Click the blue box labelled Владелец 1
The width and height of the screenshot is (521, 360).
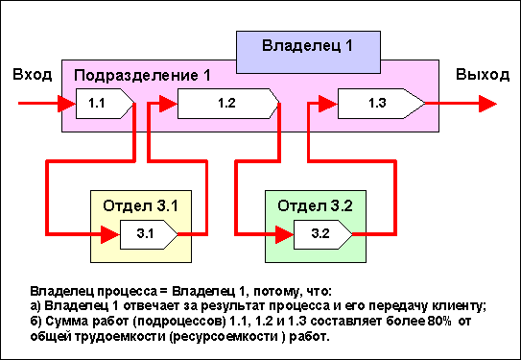point(308,52)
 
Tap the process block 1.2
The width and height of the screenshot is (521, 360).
point(228,104)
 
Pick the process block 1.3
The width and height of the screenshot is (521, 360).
point(382,104)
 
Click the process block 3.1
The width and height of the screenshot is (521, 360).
point(149,234)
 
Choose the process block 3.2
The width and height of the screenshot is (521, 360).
point(323,234)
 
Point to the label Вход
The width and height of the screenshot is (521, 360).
point(33,75)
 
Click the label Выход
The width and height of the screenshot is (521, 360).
point(483,75)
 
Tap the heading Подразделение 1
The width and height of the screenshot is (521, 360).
point(142,76)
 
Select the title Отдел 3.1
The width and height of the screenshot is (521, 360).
point(140,206)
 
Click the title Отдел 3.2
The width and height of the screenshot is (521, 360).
point(315,206)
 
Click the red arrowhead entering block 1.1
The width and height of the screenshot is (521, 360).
point(67,104)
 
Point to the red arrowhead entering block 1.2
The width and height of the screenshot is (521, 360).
point(169,104)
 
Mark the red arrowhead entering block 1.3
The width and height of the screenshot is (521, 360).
point(328,104)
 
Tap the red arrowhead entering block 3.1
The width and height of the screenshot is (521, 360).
point(110,234)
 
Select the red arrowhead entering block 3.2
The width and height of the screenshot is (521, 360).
point(284,234)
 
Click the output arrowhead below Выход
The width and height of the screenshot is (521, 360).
point(487,104)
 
